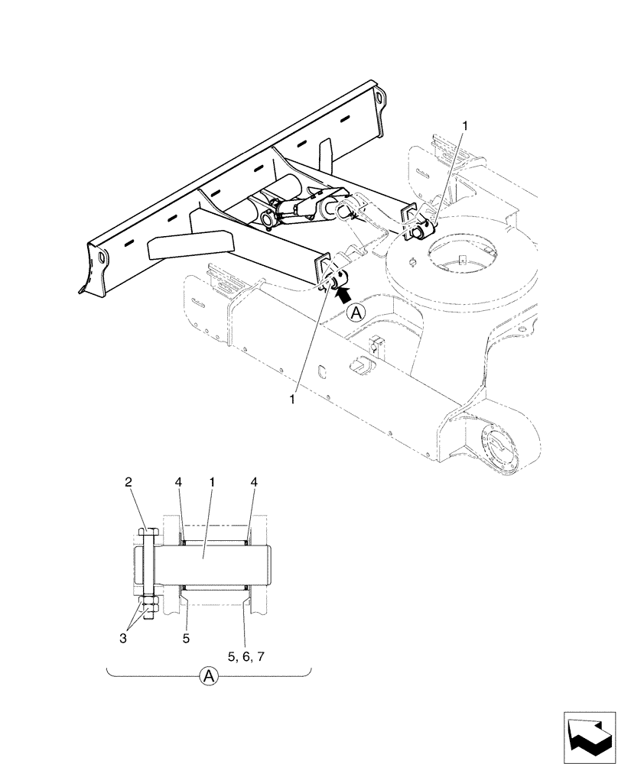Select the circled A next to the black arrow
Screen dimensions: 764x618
[x=356, y=312]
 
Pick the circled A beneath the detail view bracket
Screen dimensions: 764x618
[x=208, y=675]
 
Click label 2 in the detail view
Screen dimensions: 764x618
[x=128, y=482]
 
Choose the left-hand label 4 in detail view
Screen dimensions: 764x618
[x=177, y=482]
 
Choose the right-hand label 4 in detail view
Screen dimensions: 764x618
[x=253, y=482]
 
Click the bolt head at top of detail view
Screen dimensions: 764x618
[x=147, y=532]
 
